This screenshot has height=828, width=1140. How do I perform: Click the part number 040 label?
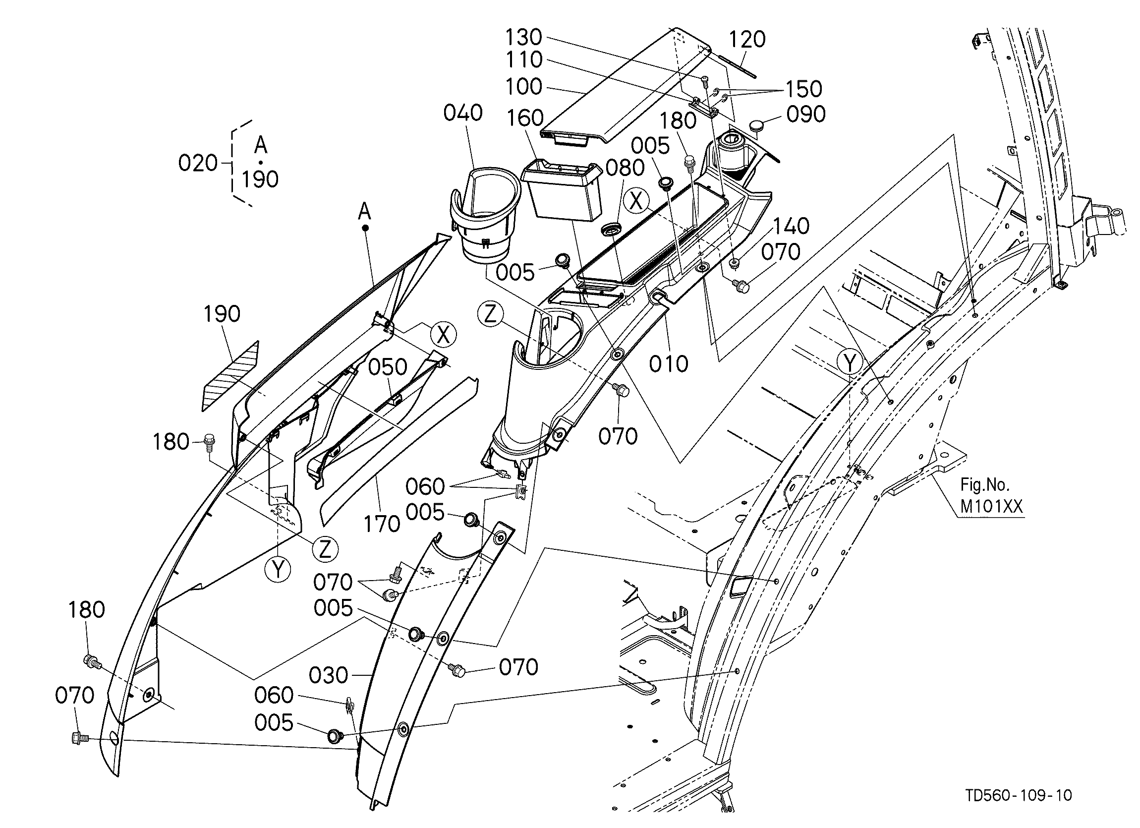(463, 113)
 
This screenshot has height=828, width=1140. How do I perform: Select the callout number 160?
(525, 118)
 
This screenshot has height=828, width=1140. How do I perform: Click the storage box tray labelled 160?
(562, 190)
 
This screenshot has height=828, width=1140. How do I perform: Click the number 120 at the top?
(747, 39)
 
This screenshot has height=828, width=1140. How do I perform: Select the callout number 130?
(523, 38)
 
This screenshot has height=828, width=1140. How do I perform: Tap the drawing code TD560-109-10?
(1019, 795)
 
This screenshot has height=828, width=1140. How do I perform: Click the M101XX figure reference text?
(991, 506)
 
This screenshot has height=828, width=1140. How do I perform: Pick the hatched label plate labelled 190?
(231, 376)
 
